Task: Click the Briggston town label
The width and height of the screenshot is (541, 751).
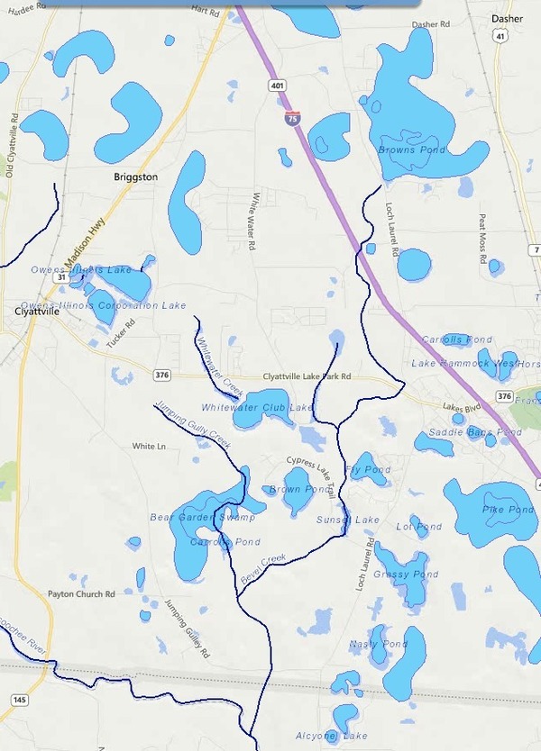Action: [x=136, y=177]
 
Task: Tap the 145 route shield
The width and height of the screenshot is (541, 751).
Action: [x=19, y=700]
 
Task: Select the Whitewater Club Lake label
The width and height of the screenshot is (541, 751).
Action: [x=258, y=408]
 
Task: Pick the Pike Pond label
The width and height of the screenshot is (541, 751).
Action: [x=508, y=510]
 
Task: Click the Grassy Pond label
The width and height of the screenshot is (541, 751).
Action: [x=406, y=575]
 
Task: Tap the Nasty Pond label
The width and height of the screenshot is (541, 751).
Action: [x=379, y=645]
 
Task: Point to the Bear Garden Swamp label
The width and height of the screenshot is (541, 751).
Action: [x=202, y=518]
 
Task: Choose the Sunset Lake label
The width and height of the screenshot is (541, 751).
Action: [x=348, y=520]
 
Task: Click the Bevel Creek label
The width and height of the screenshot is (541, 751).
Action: [x=263, y=571]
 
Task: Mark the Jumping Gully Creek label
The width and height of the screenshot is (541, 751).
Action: [x=193, y=418]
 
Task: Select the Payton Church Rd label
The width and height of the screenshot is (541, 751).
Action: [x=82, y=594]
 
